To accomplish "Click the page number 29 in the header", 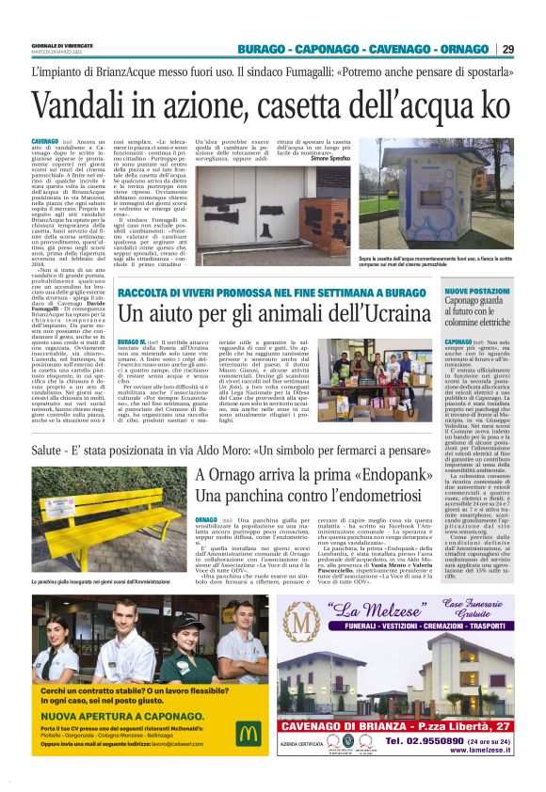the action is point(507,49).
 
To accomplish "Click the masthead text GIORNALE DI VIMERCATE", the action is point(63,44).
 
